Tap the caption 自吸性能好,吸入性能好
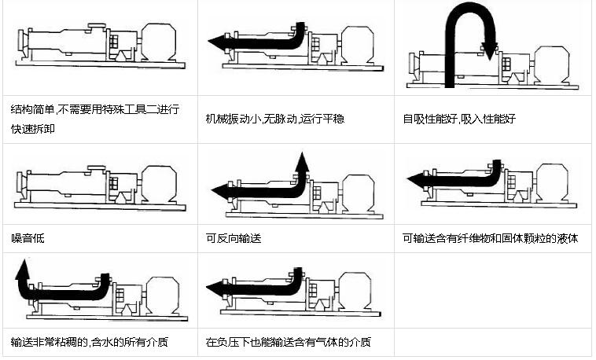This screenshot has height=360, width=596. click(458, 119)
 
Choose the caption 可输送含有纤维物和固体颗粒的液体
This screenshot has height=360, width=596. click(490, 237)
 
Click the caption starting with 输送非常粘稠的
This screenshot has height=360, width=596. click(88, 343)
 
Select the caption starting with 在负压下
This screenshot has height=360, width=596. click(288, 343)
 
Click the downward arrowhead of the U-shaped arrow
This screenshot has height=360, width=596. click(490, 51)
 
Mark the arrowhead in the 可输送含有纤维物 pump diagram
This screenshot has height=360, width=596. click(415, 180)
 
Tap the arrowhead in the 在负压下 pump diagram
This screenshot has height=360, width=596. click(215, 290)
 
